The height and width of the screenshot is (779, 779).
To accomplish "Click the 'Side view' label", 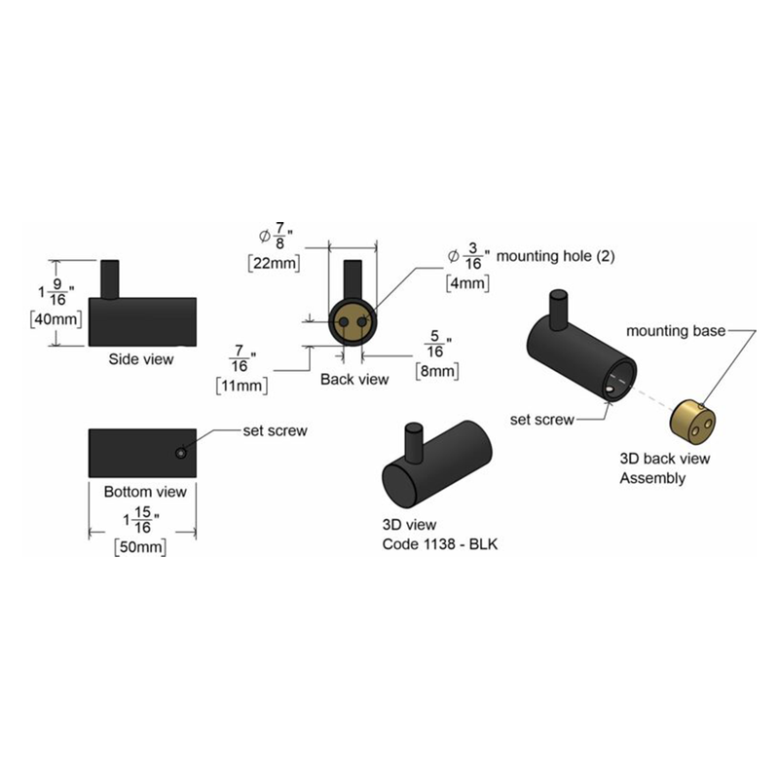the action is point(141,359).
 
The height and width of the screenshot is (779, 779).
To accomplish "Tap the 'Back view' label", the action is point(354,379).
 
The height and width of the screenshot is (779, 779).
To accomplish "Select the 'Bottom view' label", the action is point(145,492).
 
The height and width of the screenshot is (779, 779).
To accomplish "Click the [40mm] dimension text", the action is point(56,319).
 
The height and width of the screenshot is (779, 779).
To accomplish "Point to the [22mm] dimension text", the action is point(275,263).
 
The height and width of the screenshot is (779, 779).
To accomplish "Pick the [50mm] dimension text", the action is point(140,547).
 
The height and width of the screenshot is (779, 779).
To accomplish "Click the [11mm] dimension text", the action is point(241,386).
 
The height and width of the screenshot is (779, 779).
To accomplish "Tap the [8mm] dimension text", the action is point(437,371).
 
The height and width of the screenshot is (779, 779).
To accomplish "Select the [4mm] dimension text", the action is point(468,283).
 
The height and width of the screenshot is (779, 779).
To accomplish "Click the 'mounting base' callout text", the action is point(676,331).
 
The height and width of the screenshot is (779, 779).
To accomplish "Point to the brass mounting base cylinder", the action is point(693,423).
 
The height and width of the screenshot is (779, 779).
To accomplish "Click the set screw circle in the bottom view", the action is point(181,453).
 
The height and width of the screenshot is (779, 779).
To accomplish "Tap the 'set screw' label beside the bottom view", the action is point(275,430).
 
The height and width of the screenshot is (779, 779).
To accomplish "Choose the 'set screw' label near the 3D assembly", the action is point(542,420).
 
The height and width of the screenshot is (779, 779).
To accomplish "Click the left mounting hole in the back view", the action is point(344,322).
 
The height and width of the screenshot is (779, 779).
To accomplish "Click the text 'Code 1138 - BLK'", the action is point(440,544).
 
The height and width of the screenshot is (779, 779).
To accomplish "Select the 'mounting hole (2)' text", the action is point(555,256).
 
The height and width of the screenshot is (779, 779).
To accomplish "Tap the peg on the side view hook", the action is point(110,279).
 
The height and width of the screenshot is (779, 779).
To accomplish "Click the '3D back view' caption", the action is point(665,459).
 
